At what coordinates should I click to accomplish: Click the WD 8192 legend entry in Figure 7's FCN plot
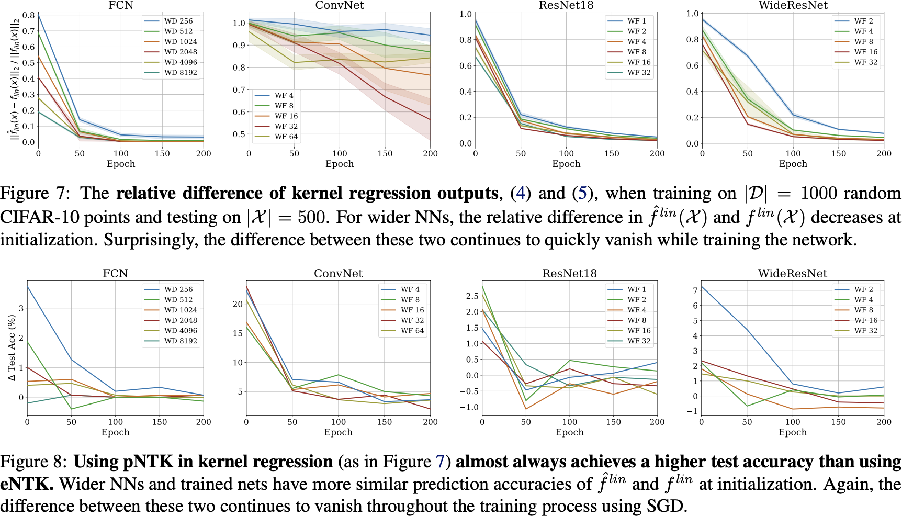tap(181, 72)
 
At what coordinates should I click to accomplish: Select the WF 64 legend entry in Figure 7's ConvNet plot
tap(286, 137)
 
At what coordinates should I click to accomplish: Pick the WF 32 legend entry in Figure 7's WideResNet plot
tap(866, 62)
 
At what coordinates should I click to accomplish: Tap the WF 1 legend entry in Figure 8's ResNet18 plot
tap(637, 289)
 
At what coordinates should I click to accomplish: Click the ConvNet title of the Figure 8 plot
tap(338, 273)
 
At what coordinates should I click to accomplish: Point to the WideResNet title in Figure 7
tap(793, 5)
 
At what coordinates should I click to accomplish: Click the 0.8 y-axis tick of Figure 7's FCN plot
tap(29, 15)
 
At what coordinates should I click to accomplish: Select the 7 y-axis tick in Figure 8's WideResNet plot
tap(695, 290)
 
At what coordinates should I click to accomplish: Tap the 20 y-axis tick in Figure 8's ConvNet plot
tap(238, 304)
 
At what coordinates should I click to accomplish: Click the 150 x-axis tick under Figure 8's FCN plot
tap(160, 422)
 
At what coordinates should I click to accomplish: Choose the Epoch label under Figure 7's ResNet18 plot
tap(566, 164)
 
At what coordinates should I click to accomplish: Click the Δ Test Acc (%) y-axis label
tap(12, 347)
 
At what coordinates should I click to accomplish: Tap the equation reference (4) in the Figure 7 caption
tap(521, 193)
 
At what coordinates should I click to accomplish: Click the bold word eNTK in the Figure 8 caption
tap(26, 484)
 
